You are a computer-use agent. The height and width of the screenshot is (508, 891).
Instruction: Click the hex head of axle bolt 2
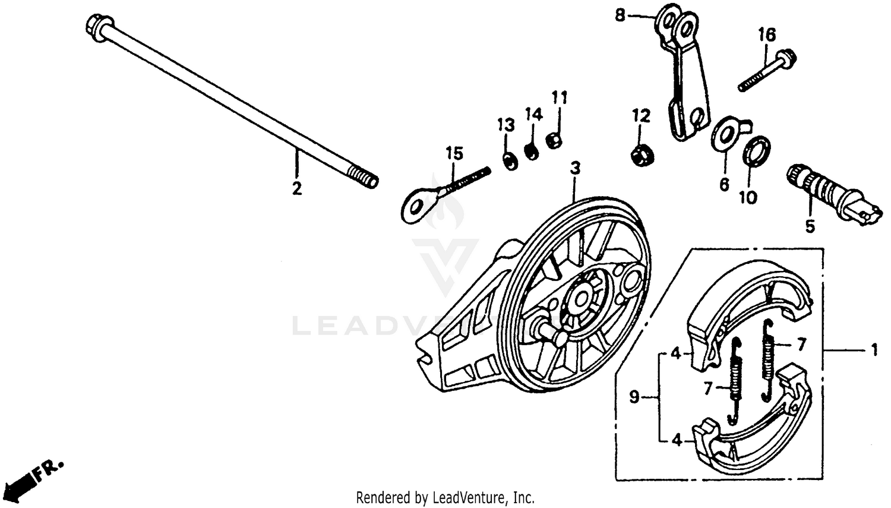(97, 25)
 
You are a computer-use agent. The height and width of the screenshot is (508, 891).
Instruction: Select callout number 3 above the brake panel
(574, 168)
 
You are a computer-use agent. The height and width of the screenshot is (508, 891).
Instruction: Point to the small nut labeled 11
(554, 141)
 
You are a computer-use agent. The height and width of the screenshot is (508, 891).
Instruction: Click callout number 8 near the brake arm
(620, 15)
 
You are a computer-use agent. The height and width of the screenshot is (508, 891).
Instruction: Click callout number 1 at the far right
(874, 351)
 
